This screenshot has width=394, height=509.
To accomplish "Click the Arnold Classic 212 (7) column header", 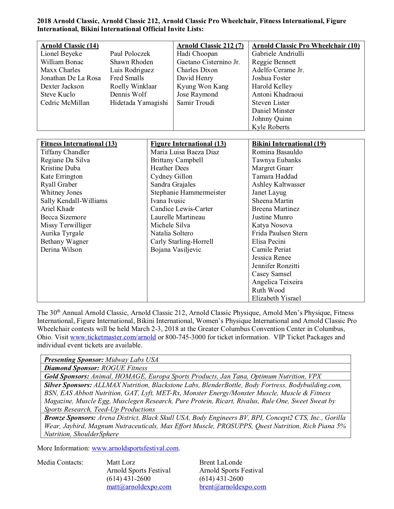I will [210, 46].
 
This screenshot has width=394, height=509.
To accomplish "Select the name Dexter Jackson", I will [62, 86].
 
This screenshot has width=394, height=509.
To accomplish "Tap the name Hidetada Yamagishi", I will [139, 103].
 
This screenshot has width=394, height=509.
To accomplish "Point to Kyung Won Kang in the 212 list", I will [202, 86].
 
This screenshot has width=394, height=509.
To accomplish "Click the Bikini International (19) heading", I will [289, 144].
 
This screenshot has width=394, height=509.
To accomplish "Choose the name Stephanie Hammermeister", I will [188, 192].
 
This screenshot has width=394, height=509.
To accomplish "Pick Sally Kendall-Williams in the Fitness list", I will [74, 201].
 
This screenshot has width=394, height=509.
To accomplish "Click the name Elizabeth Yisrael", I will [276, 298].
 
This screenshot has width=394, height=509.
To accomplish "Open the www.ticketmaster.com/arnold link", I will [113, 337].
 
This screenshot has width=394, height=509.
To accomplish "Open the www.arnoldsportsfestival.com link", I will [135, 448].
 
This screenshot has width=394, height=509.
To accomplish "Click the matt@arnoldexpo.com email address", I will [139, 487].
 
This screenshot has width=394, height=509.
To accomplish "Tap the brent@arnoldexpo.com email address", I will [232, 487].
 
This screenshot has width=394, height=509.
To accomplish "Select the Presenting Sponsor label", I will [74, 360].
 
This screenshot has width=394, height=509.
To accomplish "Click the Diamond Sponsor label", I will [72, 368].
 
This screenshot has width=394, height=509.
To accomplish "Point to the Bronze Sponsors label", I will [70, 418].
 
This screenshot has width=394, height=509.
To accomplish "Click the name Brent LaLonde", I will [221, 462].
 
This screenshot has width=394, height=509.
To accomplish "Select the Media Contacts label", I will [60, 462].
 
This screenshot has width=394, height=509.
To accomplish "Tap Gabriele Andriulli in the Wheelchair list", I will [278, 54].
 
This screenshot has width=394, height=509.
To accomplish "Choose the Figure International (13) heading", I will [188, 144].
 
